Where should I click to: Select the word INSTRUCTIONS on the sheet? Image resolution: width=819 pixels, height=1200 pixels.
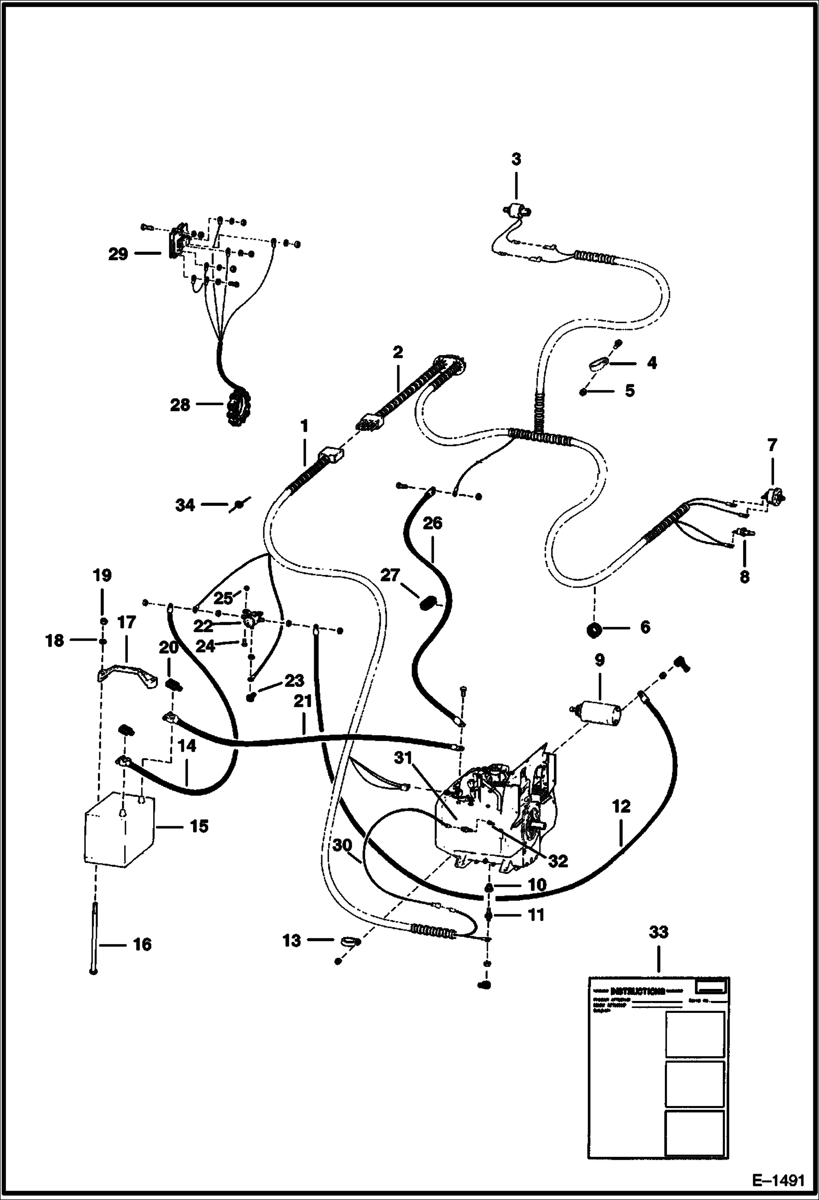click(637, 992)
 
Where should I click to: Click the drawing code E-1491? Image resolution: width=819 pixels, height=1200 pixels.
click(778, 1177)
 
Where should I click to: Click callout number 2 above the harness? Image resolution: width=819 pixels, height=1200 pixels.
click(397, 352)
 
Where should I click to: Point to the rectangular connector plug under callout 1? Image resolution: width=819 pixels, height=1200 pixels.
click(330, 453)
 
